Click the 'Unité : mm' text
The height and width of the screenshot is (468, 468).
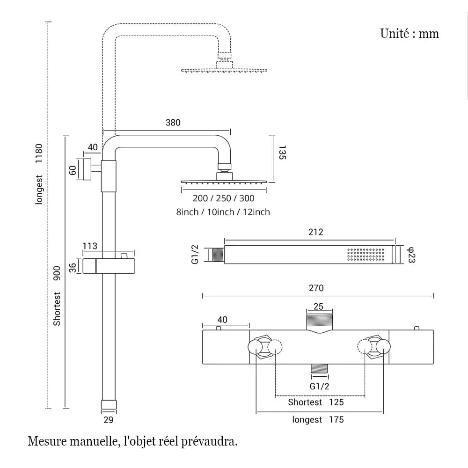(409, 34)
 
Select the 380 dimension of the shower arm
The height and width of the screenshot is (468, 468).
(173, 123)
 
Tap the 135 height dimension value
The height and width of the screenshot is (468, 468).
(281, 153)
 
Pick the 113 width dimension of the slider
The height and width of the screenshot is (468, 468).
(90, 246)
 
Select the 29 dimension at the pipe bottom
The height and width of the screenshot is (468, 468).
(108, 420)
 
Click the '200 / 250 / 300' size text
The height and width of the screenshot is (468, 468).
(224, 198)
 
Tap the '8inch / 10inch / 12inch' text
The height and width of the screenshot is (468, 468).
(223, 212)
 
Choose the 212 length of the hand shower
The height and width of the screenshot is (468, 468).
(316, 232)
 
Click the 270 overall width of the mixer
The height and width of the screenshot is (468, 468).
(316, 288)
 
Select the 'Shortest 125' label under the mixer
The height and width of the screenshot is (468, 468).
(315, 402)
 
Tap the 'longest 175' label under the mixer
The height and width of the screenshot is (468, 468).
(318, 420)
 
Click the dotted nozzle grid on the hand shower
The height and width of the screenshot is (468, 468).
(366, 255)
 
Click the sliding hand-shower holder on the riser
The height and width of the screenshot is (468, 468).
(110, 265)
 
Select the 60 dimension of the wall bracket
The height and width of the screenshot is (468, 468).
(73, 170)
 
